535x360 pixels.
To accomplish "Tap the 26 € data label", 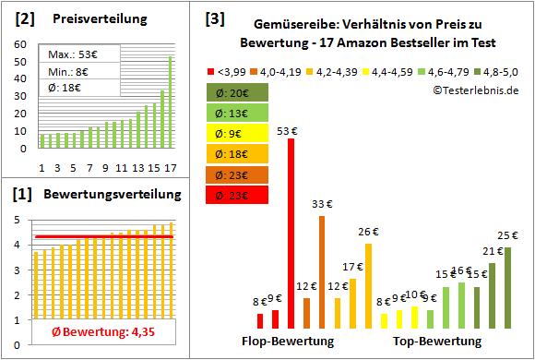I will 368,232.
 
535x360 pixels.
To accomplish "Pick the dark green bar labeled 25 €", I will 506,287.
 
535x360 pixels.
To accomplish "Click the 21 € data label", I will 492,251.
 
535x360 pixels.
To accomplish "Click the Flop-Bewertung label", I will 294,342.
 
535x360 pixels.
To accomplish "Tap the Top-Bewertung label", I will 437,342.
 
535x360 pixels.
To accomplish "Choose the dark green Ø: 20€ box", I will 238,92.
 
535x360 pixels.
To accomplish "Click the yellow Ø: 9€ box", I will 238,133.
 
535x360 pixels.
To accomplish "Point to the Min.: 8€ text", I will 67,71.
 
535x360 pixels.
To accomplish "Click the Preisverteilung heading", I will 91,18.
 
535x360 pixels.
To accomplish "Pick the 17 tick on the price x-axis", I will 169,166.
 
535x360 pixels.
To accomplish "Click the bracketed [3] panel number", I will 214,18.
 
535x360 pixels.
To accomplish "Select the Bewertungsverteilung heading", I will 105,196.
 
